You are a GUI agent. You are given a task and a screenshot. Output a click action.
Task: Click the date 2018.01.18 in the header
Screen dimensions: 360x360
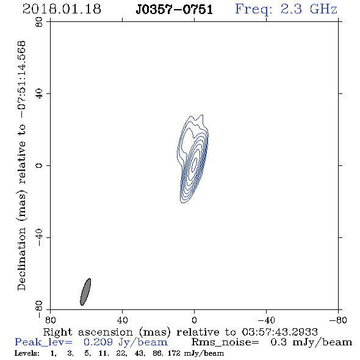point(62,9)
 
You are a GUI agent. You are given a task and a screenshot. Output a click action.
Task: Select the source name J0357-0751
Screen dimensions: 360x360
point(175,9)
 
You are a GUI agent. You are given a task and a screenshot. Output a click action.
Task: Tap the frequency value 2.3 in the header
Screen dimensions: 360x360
point(291,9)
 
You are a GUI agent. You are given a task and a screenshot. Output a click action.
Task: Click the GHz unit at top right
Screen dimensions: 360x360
point(323,9)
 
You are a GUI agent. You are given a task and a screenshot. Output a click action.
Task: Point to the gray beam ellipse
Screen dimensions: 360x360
point(85,292)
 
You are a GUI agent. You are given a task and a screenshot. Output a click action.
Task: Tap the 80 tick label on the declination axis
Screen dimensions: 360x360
point(39,22)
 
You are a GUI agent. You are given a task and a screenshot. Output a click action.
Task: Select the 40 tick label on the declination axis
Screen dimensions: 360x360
point(39,94)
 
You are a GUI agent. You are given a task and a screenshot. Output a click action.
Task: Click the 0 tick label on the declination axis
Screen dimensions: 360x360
point(39,165)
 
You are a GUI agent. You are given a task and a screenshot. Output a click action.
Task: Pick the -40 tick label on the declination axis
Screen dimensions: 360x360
point(39,237)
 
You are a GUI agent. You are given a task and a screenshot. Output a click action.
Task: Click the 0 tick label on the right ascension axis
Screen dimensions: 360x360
point(194,320)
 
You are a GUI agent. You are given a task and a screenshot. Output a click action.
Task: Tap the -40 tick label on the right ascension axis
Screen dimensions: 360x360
point(266,320)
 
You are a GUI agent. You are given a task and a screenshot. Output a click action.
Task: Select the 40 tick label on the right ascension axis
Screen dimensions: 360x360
point(122,320)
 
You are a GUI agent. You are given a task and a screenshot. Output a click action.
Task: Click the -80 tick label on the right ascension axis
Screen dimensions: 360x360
point(338,320)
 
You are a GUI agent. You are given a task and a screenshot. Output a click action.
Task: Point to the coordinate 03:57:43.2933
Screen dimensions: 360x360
point(279,332)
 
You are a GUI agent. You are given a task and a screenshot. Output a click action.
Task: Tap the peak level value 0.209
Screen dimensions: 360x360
point(98,342)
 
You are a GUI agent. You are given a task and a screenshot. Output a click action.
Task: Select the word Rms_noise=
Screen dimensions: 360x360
point(225,342)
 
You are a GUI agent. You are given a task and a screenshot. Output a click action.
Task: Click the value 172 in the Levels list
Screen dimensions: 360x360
point(174,353)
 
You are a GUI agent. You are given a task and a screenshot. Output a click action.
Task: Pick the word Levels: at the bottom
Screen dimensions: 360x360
point(27,353)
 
